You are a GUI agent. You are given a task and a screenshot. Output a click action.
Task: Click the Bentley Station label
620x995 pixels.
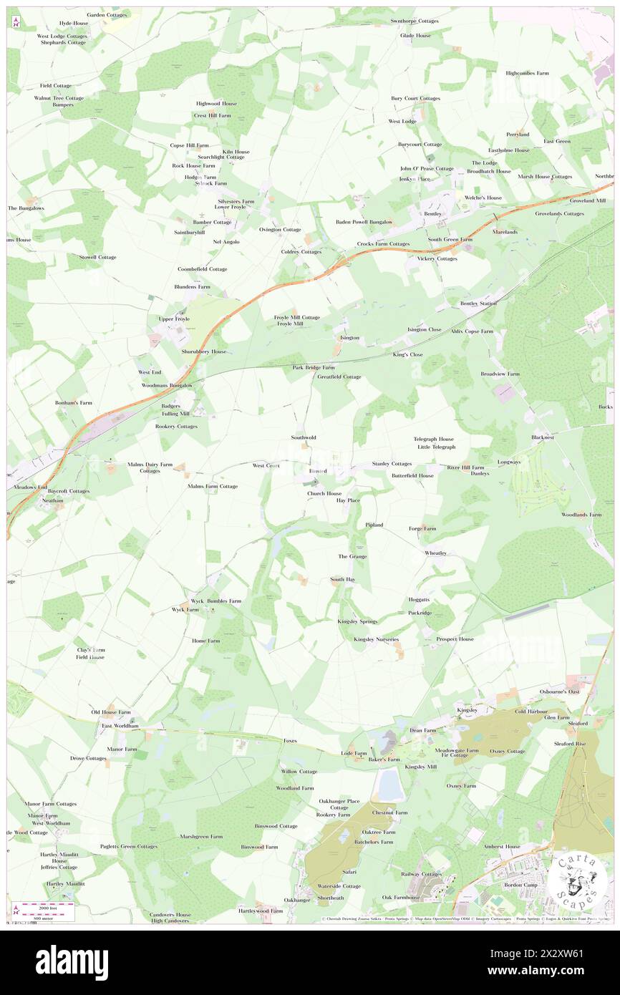pyautogui.click(x=478, y=304)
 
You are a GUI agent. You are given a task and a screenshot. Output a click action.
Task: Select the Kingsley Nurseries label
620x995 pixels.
pyautogui.click(x=376, y=639)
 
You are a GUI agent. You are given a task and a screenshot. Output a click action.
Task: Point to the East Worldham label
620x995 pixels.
pyautogui.click(x=120, y=726)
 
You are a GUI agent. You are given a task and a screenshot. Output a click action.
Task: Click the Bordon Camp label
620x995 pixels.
pyautogui.click(x=520, y=885)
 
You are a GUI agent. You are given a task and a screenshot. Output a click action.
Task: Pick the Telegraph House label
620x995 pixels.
pyautogui.click(x=433, y=439)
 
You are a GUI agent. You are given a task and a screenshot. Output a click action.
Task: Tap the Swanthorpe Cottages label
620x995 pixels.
pyautogui.click(x=415, y=21)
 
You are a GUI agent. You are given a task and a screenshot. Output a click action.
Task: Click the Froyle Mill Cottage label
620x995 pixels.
pyautogui.click(x=297, y=317)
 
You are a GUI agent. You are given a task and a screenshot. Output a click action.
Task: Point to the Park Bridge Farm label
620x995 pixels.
pyautogui.click(x=314, y=367)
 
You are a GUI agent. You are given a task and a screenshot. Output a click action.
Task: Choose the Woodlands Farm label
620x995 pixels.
pyautogui.click(x=581, y=515)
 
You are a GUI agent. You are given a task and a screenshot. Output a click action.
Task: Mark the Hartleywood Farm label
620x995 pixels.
pyautogui.click(x=261, y=911)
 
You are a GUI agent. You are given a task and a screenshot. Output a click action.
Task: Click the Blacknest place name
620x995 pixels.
pyautogui.click(x=543, y=437)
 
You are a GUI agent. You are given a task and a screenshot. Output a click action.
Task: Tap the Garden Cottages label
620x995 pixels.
pyautogui.click(x=107, y=14)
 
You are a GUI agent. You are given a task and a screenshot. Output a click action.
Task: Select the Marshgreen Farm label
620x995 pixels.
pyautogui.click(x=201, y=836)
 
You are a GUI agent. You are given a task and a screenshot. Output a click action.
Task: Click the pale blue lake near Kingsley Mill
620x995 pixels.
pyautogui.click(x=389, y=785)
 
